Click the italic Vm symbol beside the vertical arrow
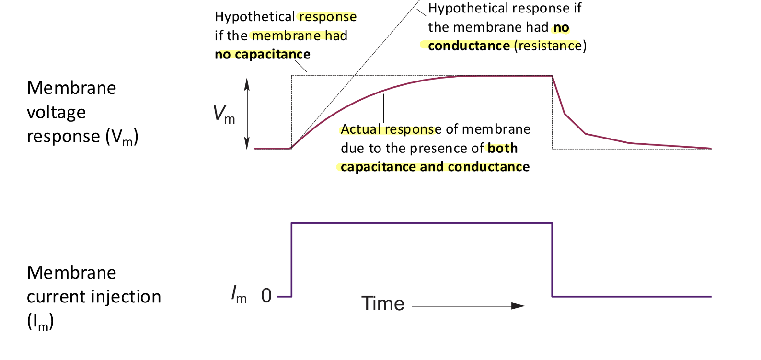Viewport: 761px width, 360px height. click(x=224, y=115)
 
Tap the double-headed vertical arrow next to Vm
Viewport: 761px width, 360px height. click(x=247, y=114)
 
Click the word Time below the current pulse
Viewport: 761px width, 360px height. click(x=382, y=304)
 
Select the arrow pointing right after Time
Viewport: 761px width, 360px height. click(x=468, y=306)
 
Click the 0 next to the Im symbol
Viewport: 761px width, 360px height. click(x=266, y=296)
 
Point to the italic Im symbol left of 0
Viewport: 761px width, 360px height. click(x=239, y=294)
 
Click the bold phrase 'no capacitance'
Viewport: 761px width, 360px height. click(x=262, y=55)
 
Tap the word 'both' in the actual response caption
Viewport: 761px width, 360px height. click(x=502, y=148)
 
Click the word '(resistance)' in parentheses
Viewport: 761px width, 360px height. click(x=550, y=46)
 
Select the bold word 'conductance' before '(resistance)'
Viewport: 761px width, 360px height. click(x=469, y=46)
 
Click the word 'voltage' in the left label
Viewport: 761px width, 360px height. click(x=56, y=112)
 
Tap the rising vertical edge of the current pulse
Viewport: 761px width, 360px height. click(x=292, y=259)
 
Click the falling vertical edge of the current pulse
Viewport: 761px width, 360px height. click(x=553, y=259)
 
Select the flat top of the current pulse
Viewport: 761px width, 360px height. click(x=422, y=223)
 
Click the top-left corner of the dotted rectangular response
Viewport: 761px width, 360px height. click(x=292, y=75)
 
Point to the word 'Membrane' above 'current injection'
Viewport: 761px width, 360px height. click(x=71, y=273)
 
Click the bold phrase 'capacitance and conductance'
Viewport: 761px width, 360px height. click(x=435, y=167)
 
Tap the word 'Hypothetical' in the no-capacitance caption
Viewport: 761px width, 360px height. click(x=254, y=17)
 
